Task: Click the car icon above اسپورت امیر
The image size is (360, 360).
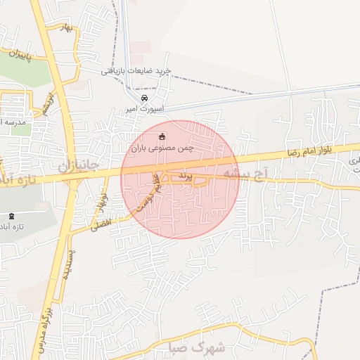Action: click(x=144, y=98)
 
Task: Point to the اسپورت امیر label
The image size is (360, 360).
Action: click(x=145, y=110)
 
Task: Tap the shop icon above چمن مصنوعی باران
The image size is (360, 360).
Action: click(x=162, y=136)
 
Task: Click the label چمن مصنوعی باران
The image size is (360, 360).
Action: click(x=162, y=148)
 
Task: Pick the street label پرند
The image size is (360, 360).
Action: click(x=184, y=174)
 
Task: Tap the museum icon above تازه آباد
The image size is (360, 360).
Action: click(x=10, y=216)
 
